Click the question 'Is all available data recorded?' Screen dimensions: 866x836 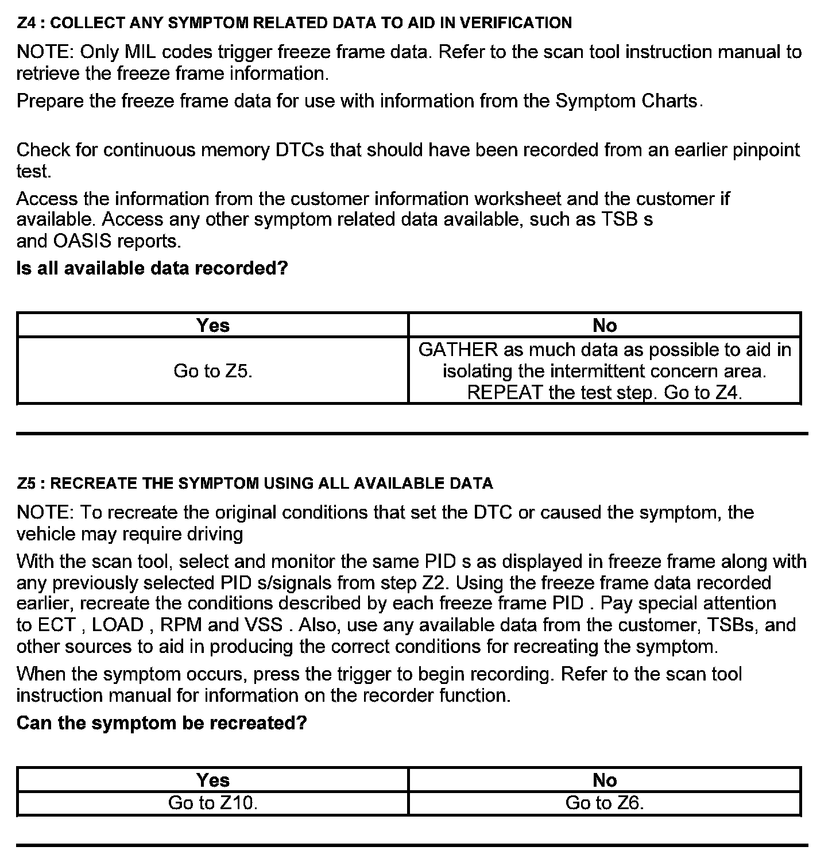pos(152,268)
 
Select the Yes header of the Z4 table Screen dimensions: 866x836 pos(213,325)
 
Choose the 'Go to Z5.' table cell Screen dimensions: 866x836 pos(213,371)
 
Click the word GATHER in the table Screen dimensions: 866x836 pos(458,350)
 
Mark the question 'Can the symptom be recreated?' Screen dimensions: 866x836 pos(162,722)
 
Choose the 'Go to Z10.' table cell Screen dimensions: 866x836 pos(213,803)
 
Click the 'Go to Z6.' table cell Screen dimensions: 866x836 pos(605,803)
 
